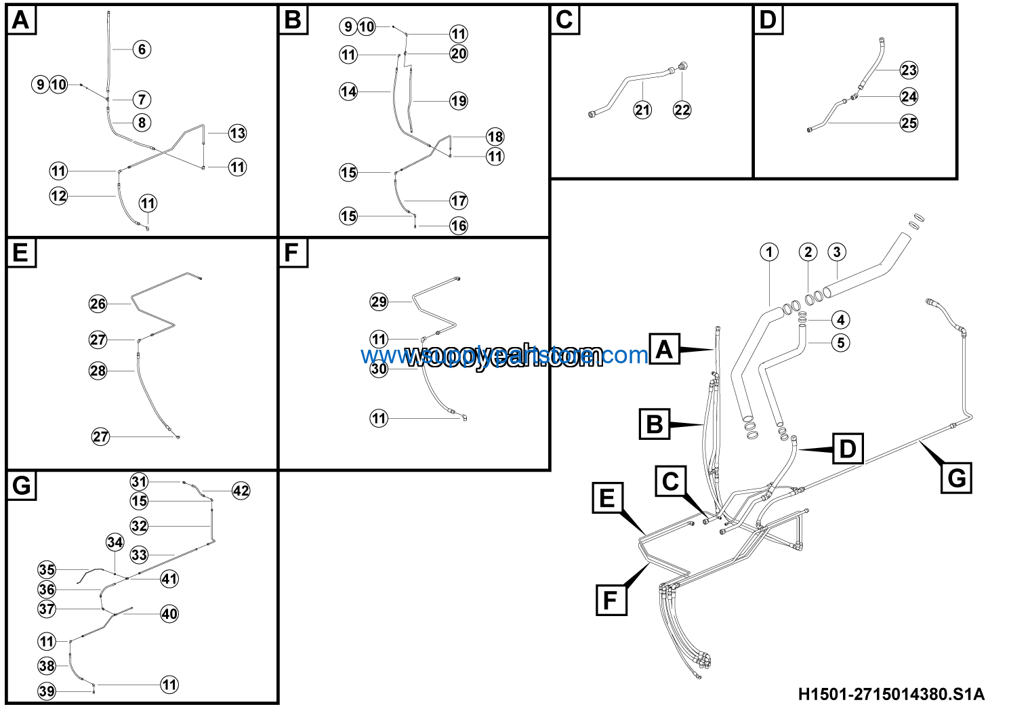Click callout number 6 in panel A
142,49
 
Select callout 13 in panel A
237,133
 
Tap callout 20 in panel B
459,54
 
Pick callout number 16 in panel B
459,226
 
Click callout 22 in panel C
682,110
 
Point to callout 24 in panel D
909,96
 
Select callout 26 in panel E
98,304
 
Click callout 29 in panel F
379,302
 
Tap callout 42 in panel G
241,491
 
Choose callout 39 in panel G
47,691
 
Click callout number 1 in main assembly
769,252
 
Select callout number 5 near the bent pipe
840,342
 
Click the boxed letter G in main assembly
956,478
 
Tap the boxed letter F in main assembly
611,600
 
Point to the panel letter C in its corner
564,20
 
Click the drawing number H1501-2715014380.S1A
890,694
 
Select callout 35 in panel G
47,569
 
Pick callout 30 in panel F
379,369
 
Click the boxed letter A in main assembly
664,349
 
